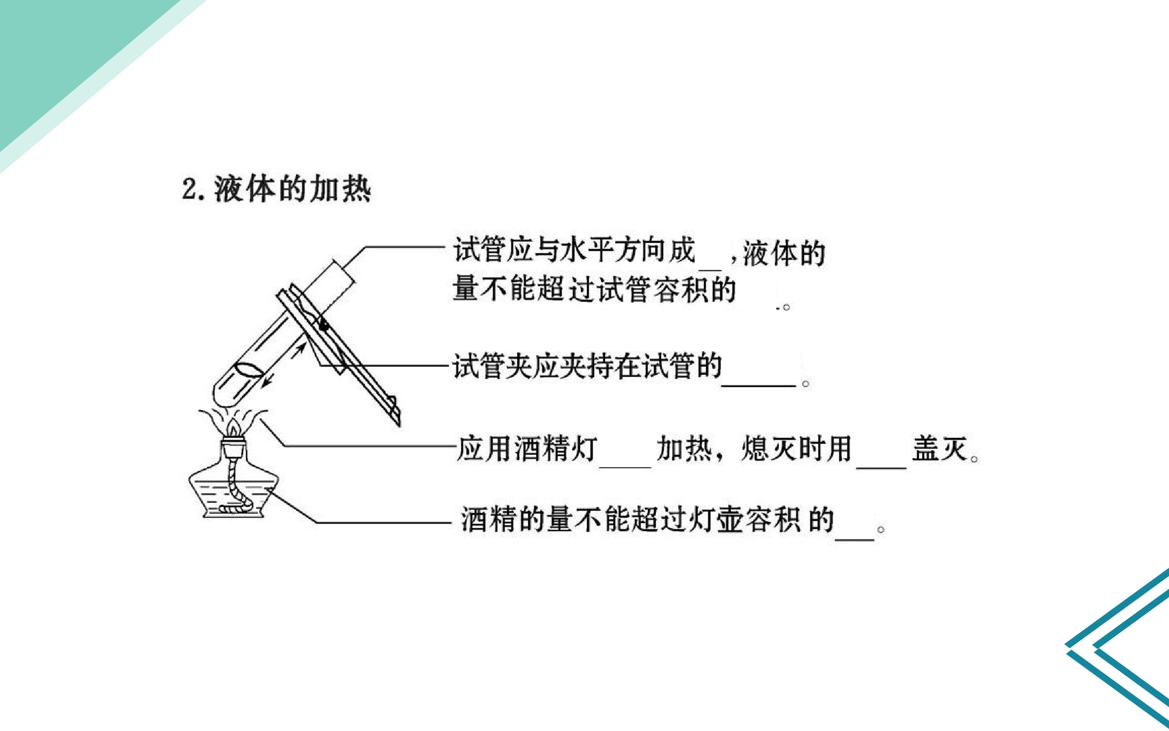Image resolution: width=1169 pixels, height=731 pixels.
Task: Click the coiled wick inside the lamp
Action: coord(237,486)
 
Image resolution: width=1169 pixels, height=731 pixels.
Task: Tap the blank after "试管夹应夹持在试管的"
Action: coord(758,386)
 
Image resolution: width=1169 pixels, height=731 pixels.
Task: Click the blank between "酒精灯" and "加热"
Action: coord(625,467)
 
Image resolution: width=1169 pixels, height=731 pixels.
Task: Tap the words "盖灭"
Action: coord(940,449)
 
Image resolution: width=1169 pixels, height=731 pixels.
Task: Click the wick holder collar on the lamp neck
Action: coord(234,447)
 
